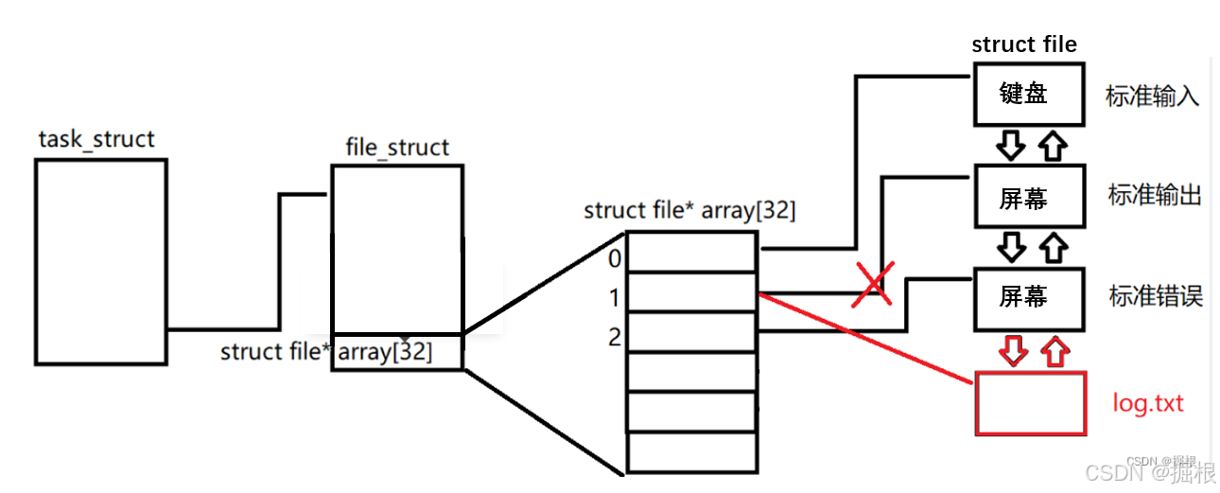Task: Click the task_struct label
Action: [96, 140]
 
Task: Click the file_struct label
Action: [398, 149]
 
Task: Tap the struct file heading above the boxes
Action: [1024, 44]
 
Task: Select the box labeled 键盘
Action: [1029, 95]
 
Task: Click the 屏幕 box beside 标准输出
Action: [1029, 198]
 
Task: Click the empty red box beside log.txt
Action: [1030, 403]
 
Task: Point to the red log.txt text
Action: [1148, 404]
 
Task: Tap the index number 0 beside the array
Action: [616, 259]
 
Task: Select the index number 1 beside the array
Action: [616, 298]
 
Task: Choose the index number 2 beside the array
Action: [616, 336]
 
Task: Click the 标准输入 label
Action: [1152, 97]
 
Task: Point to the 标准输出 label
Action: [1154, 196]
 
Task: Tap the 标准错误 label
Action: [1155, 296]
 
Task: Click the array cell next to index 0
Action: [692, 253]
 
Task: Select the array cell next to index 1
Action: [692, 292]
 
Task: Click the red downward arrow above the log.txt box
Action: [1013, 352]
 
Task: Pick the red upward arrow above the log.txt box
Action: [1054, 352]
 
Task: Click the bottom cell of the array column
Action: [692, 452]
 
